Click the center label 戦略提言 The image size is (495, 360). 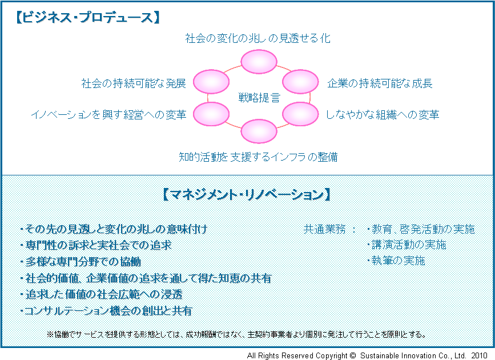[259, 98]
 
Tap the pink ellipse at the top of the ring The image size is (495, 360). [259, 62]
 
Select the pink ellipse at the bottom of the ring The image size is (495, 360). [259, 131]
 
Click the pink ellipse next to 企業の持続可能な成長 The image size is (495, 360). [300, 82]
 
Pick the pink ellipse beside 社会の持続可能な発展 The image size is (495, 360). [211, 82]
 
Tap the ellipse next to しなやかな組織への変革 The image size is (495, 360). [300, 114]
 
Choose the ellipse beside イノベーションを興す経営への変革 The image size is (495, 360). [211, 114]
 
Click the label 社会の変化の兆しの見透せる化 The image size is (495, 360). [257, 38]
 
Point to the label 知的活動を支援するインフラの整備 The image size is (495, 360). [258, 157]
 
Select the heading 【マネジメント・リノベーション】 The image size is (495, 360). [247, 194]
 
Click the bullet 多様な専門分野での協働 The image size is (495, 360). [81, 262]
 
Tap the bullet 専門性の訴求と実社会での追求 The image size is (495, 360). [96, 245]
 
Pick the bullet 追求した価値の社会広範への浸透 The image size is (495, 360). [101, 295]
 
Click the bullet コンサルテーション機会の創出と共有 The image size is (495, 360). [106, 311]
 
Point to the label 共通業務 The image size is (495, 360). [324, 229]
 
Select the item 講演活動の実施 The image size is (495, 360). [407, 245]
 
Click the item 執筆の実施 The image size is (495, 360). [396, 261]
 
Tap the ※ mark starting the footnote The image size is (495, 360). [50, 334]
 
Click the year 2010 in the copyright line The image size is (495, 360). [480, 355]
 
